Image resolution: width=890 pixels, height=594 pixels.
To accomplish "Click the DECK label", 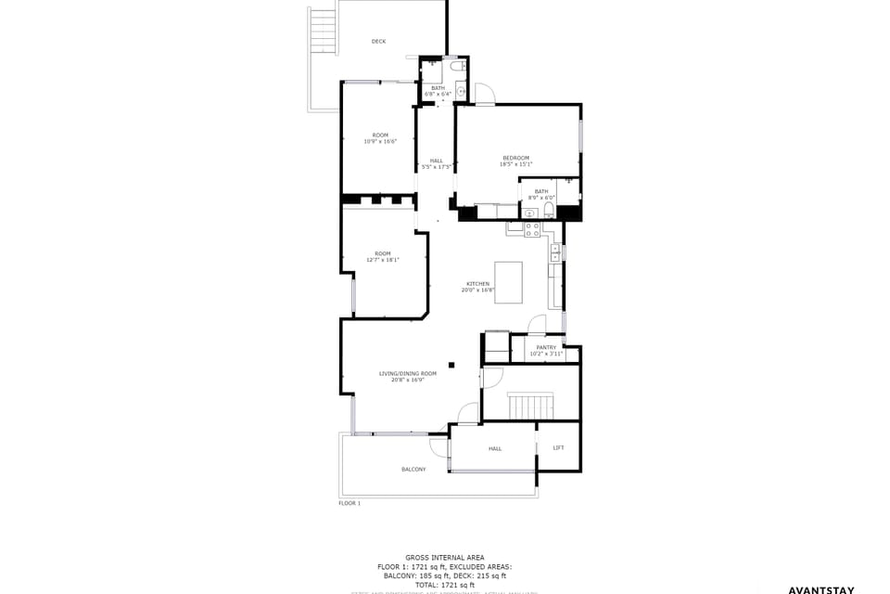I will pyautogui.click(x=378, y=42).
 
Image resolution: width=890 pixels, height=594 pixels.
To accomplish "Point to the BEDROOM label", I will pyautogui.click(x=516, y=158).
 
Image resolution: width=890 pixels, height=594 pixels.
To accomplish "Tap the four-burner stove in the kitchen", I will pyautogui.click(x=532, y=229).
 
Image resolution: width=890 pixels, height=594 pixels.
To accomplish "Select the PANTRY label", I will pyautogui.click(x=546, y=347).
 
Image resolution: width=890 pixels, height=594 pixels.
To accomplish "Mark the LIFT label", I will pyautogui.click(x=558, y=448).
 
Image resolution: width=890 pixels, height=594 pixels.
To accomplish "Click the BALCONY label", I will pyautogui.click(x=413, y=470).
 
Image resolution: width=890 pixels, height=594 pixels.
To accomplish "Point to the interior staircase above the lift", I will pyautogui.click(x=531, y=406).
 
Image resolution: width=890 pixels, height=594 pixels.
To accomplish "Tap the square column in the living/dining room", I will pyautogui.click(x=451, y=365).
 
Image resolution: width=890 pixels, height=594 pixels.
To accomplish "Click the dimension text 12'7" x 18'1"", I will pyautogui.click(x=383, y=261).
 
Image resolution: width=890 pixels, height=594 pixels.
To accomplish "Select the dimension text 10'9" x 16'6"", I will pyautogui.click(x=380, y=142).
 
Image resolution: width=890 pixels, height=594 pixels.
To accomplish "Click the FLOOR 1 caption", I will pyautogui.click(x=350, y=503).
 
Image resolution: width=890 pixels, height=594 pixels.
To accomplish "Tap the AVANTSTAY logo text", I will pyautogui.click(x=820, y=589).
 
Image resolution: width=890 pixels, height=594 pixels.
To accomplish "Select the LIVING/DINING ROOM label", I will pyautogui.click(x=407, y=373).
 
